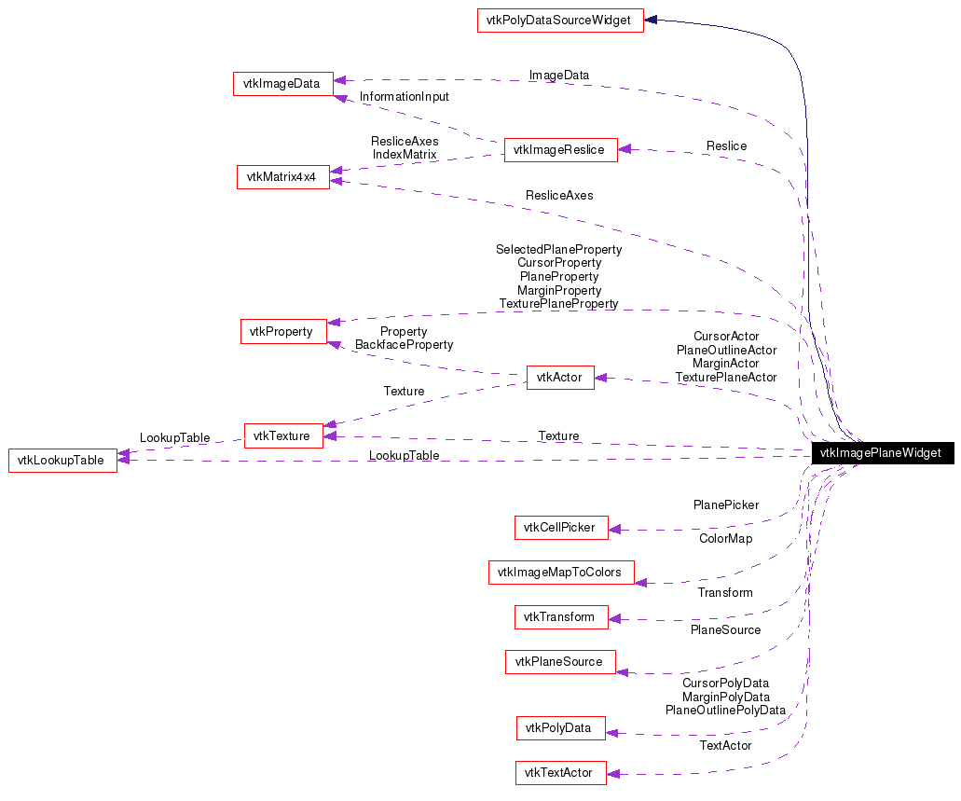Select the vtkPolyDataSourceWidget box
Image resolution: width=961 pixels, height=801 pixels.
(560, 21)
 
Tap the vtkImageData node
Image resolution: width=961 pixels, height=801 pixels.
(282, 83)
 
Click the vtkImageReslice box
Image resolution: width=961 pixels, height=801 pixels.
(560, 149)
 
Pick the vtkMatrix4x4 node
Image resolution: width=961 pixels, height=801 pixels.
(283, 176)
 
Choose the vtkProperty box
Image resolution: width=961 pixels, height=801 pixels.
(283, 331)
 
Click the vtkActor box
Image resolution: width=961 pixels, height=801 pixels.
(560, 377)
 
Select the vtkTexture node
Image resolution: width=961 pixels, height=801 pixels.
(283, 435)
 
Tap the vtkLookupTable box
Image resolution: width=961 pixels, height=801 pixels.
(62, 460)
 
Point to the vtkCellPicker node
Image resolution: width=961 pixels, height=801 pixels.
(560, 527)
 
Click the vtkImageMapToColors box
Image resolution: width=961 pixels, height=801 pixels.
(560, 573)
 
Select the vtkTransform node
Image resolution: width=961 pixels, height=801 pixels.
(560, 616)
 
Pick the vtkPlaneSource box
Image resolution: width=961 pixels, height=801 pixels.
(560, 662)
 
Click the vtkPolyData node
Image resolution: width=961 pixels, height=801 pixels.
(560, 727)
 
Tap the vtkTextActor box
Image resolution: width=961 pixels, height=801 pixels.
(560, 772)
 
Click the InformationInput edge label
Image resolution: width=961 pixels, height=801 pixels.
(404, 97)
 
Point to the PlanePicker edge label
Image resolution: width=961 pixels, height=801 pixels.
(725, 505)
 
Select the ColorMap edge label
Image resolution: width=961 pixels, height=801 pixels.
(725, 539)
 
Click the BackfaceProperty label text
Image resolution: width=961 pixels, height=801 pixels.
(404, 345)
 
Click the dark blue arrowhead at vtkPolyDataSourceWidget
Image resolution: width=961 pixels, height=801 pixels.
(652, 20)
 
